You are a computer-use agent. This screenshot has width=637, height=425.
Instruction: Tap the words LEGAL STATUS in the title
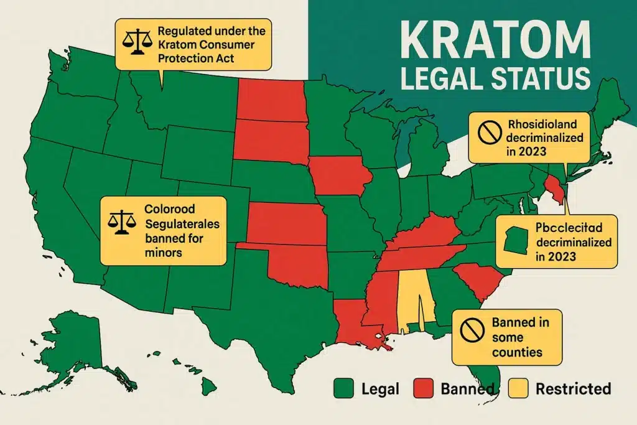[x=485, y=80]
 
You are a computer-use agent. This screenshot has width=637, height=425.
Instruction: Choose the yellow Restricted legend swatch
[x=522, y=389]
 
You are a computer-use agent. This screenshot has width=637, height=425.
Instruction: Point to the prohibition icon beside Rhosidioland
[x=486, y=130]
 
